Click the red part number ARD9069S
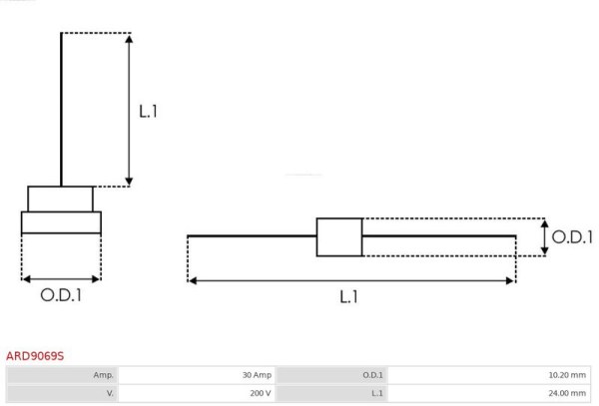pos(35,356)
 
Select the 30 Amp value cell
pos(197,375)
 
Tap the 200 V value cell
pos(197,393)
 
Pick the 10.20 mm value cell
pos(489,375)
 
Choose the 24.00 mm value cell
pos(489,393)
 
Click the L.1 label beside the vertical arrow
pos(148,112)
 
